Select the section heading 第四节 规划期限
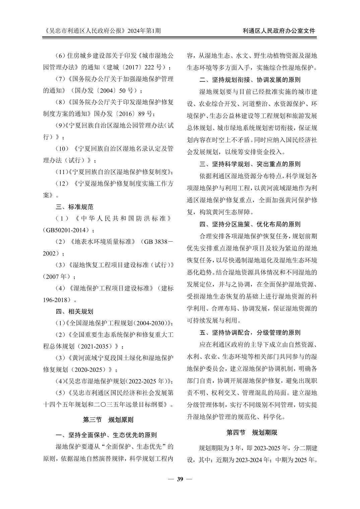[x=252, y=433]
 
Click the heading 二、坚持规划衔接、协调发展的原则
[x=250, y=80]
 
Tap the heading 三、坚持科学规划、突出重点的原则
[x=250, y=164]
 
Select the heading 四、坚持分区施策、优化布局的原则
[x=250, y=224]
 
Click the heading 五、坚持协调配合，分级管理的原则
[x=250, y=333]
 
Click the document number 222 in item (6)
[x=149, y=67]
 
